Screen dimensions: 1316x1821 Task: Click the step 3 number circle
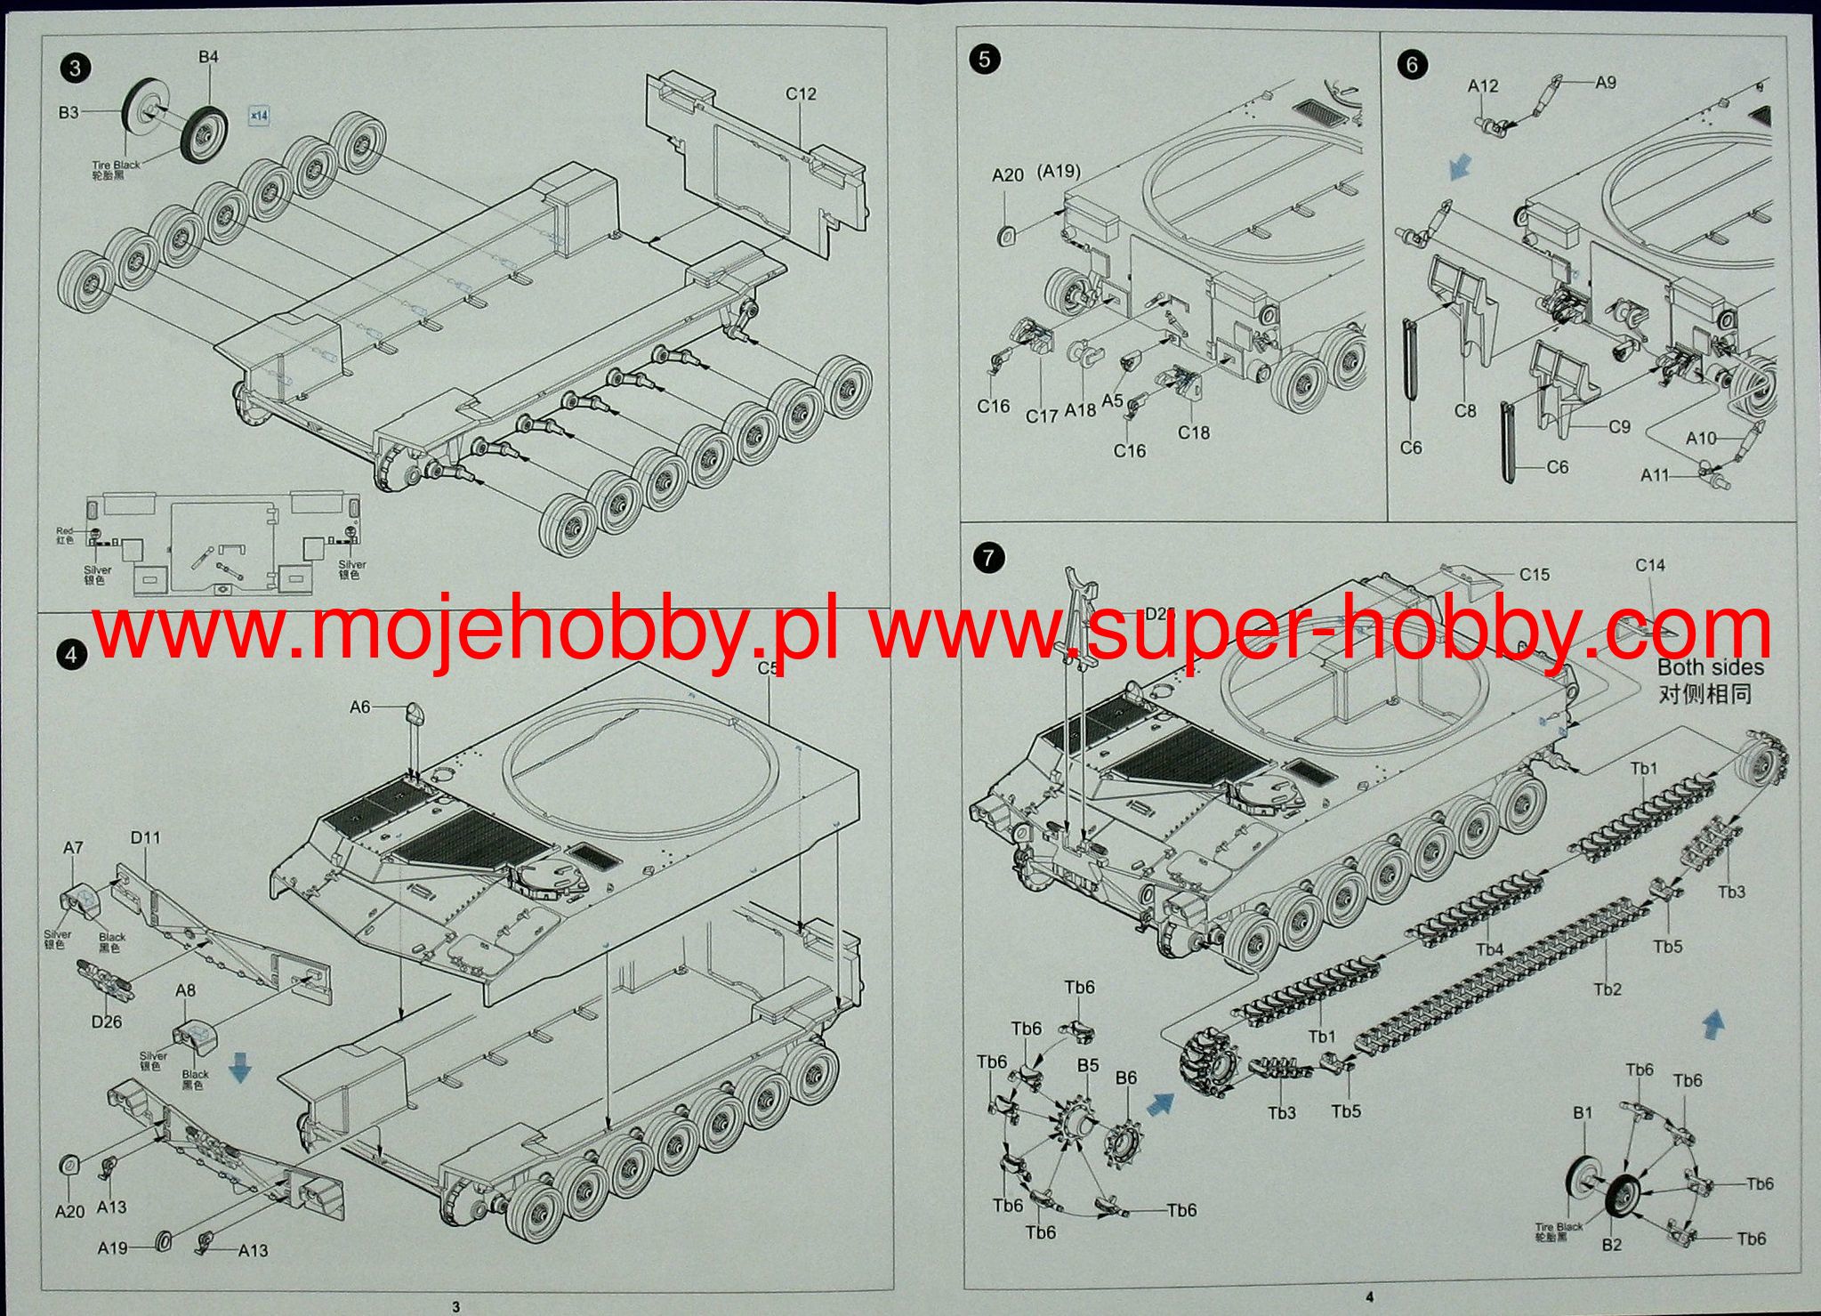pos(75,68)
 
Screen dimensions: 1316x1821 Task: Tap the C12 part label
pos(801,94)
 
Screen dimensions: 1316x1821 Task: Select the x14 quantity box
pos(259,116)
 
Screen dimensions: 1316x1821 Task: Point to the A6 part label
pos(359,706)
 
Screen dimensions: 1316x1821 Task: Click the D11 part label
pos(145,837)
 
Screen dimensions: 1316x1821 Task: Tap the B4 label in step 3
pos(208,57)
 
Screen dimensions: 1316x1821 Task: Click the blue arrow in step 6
pos(1456,166)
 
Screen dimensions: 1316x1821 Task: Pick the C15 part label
pos(1534,575)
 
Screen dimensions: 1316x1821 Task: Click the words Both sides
pos(1710,667)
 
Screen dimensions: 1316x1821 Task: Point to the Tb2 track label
pos(1607,989)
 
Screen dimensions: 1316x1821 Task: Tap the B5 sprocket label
pos(1088,1066)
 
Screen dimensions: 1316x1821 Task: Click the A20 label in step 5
pos(1008,175)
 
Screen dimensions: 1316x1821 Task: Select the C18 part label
pos(1194,432)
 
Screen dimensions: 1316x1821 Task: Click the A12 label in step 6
pos(1483,86)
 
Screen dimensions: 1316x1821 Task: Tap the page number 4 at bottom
pos(1369,1297)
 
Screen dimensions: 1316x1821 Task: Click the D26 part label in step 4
pos(107,1021)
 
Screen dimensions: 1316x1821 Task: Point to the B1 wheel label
pos(1583,1113)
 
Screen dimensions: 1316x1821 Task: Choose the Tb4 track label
pos(1489,949)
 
